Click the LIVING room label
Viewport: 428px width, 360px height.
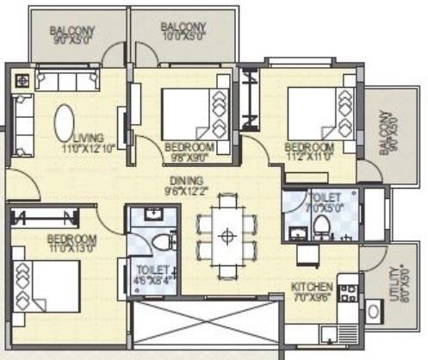click(x=89, y=137)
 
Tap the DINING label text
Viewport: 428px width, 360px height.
click(x=186, y=180)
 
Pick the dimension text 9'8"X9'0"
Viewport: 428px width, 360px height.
click(x=189, y=158)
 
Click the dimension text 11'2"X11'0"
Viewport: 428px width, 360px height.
click(x=309, y=158)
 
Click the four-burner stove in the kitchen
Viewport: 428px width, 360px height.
click(x=349, y=293)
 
